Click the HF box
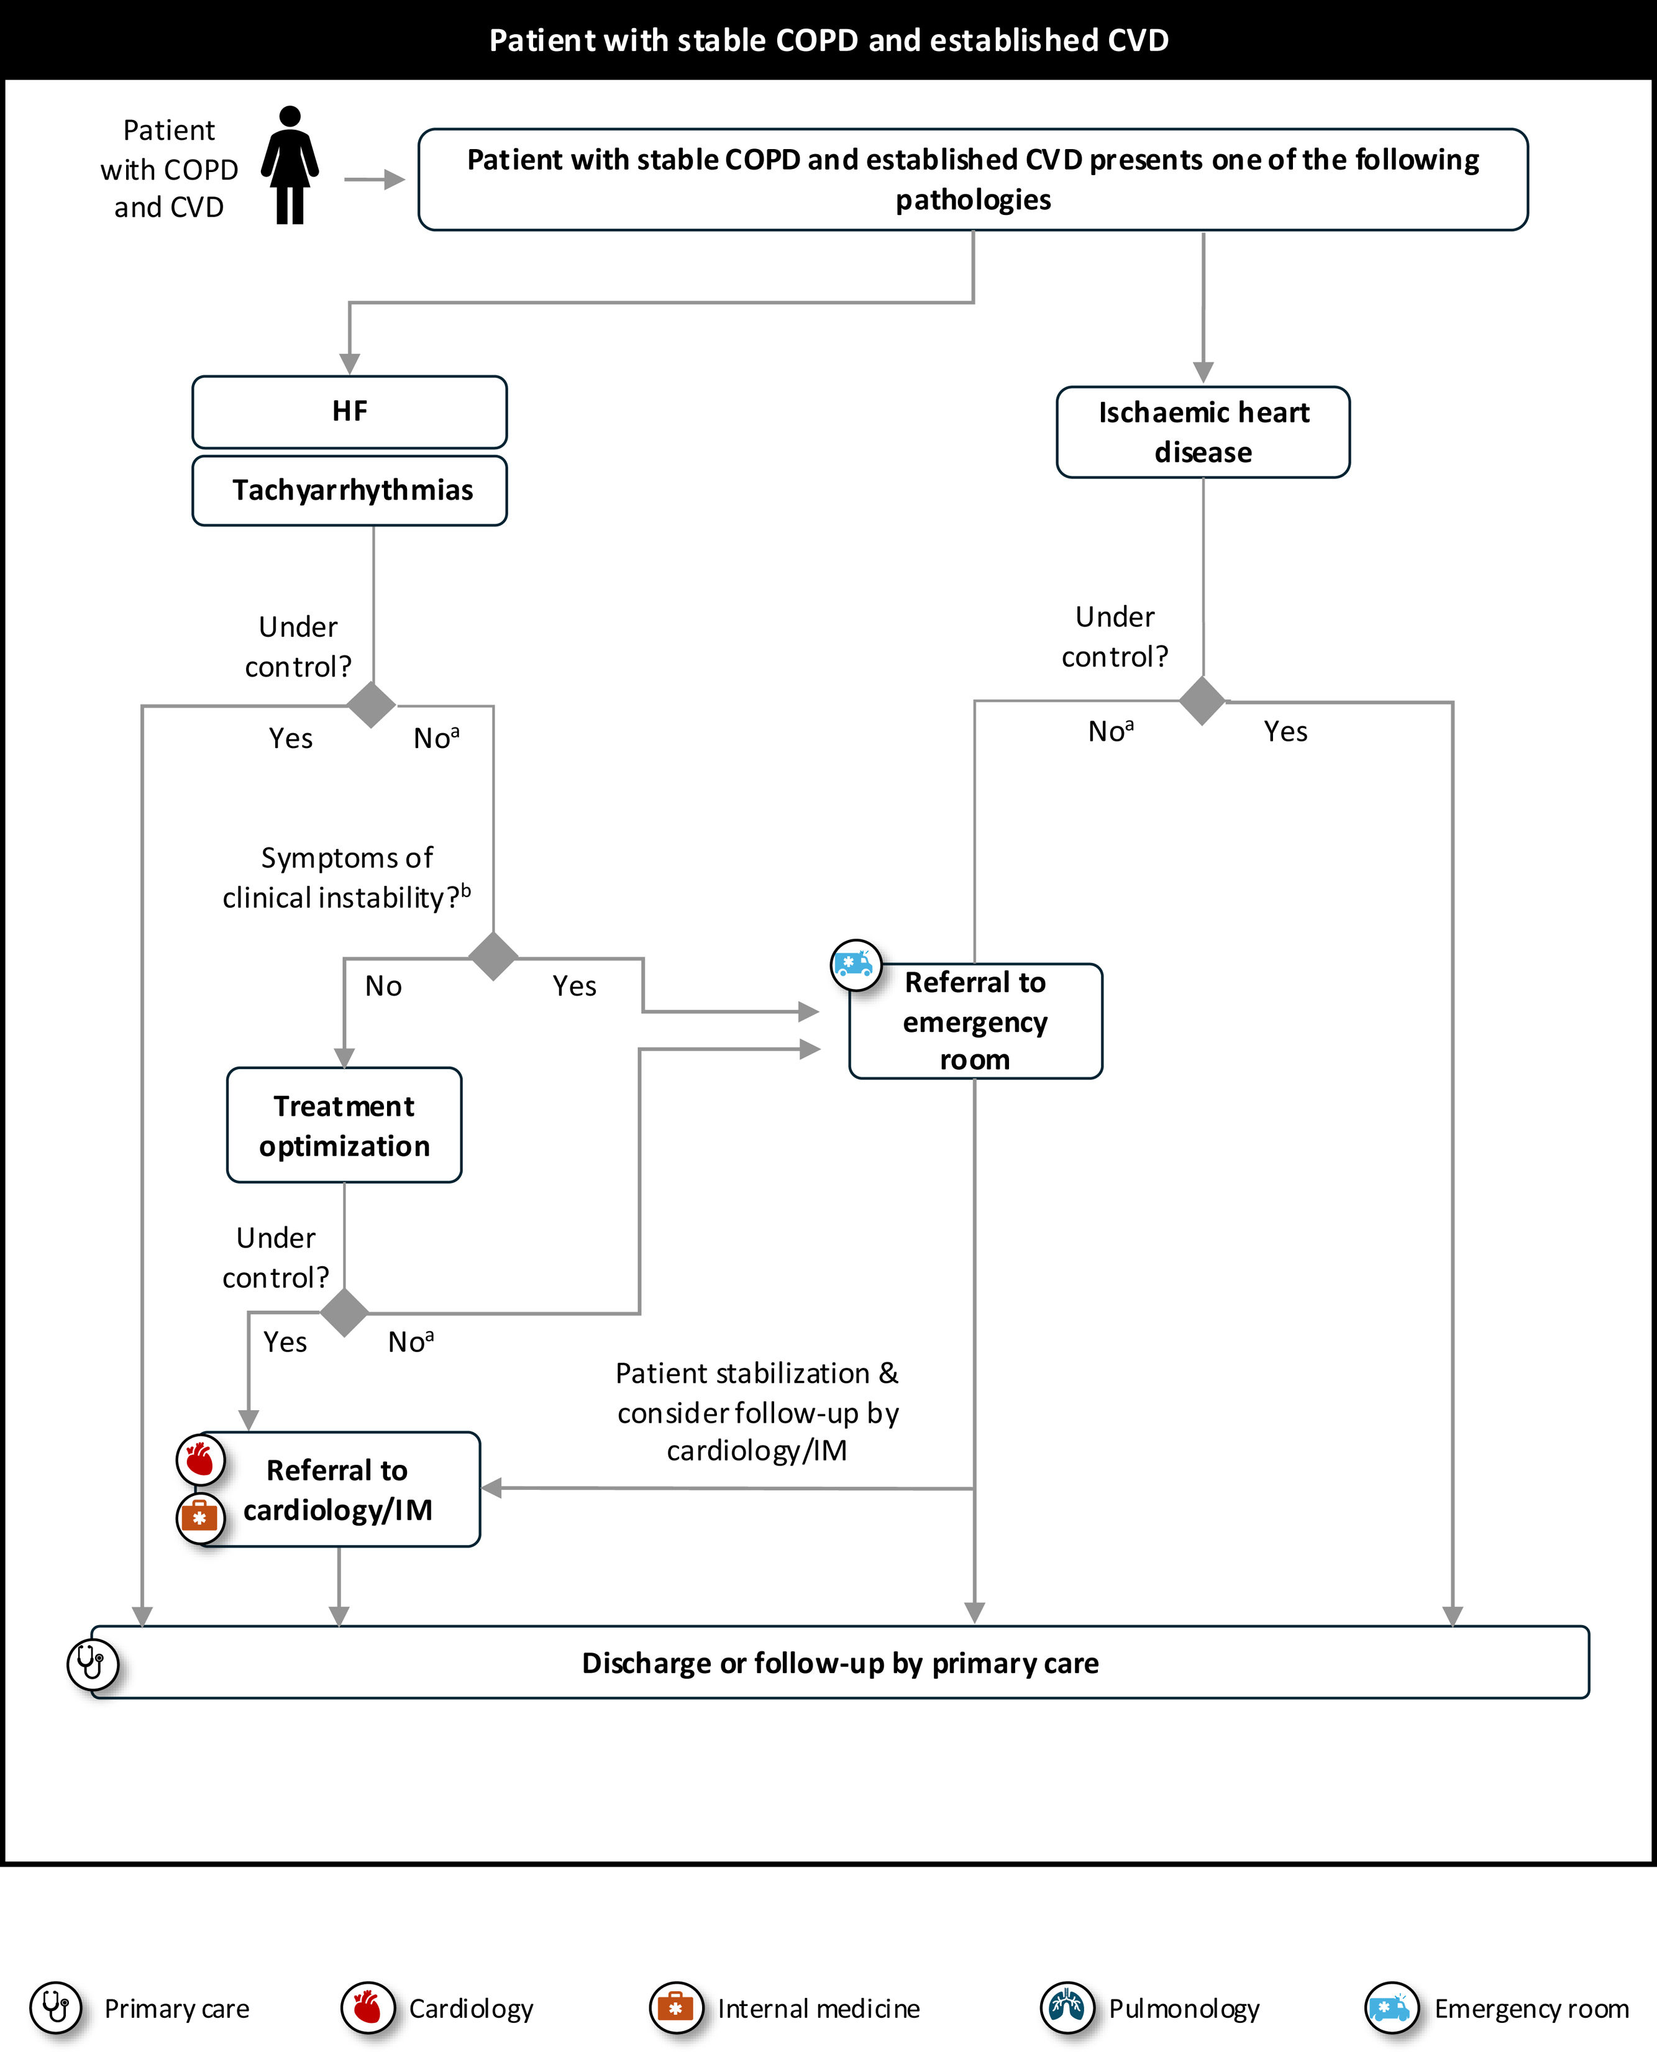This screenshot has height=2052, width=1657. pyautogui.click(x=349, y=411)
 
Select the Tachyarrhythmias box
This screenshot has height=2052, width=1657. pyautogui.click(x=349, y=491)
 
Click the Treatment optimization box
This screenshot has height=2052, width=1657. pyautogui.click(x=344, y=1125)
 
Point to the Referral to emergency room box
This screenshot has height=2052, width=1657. pyautogui.click(x=975, y=1021)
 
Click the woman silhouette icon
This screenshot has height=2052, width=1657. pyautogui.click(x=290, y=165)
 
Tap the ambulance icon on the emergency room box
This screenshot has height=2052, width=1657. pyautogui.click(x=856, y=965)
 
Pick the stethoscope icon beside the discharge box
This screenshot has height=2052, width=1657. pyautogui.click(x=91, y=1664)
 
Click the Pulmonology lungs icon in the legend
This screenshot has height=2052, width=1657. pyautogui.click(x=1066, y=2007)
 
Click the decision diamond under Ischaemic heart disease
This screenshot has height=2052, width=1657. pyautogui.click(x=1203, y=701)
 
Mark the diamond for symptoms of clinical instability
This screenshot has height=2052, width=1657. pyautogui.click(x=493, y=956)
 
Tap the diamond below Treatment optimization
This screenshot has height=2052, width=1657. pyautogui.click(x=345, y=1312)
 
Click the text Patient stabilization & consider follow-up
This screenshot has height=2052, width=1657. pyautogui.click(x=757, y=1411)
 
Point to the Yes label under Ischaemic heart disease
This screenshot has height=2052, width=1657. pyautogui.click(x=1285, y=732)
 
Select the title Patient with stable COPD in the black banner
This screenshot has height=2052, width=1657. pyautogui.click(x=829, y=40)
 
